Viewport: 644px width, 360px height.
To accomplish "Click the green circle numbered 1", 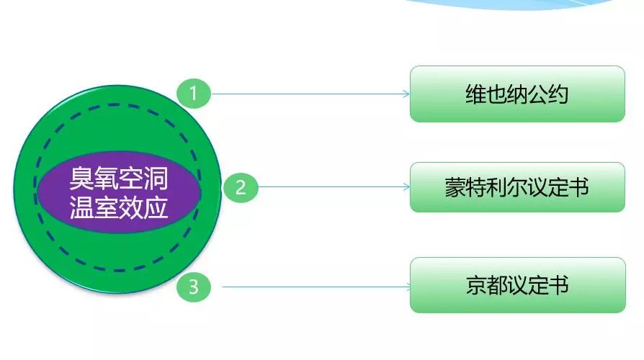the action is tap(194, 94).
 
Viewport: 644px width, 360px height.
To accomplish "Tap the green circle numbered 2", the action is tap(241, 188).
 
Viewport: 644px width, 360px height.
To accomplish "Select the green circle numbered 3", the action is tap(194, 287).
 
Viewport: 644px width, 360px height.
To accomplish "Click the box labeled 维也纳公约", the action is tap(517, 94).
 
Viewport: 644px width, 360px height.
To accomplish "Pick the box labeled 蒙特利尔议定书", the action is tap(517, 187).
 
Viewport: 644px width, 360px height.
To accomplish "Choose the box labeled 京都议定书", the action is tap(518, 285).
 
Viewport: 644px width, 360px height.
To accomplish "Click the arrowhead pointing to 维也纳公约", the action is tap(406, 94).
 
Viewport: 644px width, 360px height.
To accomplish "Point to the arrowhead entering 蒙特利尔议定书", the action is tap(406, 187).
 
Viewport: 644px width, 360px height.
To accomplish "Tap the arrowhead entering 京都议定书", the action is tap(408, 287).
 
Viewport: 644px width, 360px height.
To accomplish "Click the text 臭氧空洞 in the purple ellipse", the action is tap(119, 178).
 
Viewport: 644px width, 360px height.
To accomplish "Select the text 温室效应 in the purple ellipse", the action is tap(119, 207).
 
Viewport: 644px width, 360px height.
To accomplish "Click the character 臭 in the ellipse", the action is tap(81, 178).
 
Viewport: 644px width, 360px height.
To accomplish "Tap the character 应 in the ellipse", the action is tap(156, 207).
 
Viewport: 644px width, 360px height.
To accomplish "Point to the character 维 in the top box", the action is tap(476, 94).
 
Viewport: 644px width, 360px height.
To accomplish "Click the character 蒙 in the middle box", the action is tap(455, 187).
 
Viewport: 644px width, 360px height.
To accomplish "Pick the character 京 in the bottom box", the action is tap(476, 285).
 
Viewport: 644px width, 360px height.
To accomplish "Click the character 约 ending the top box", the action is tap(558, 94).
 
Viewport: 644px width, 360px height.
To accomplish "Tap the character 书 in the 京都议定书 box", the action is tap(558, 285).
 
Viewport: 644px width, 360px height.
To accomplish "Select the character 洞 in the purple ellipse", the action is tap(156, 178).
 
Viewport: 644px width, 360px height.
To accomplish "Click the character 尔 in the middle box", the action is tap(517, 187).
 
